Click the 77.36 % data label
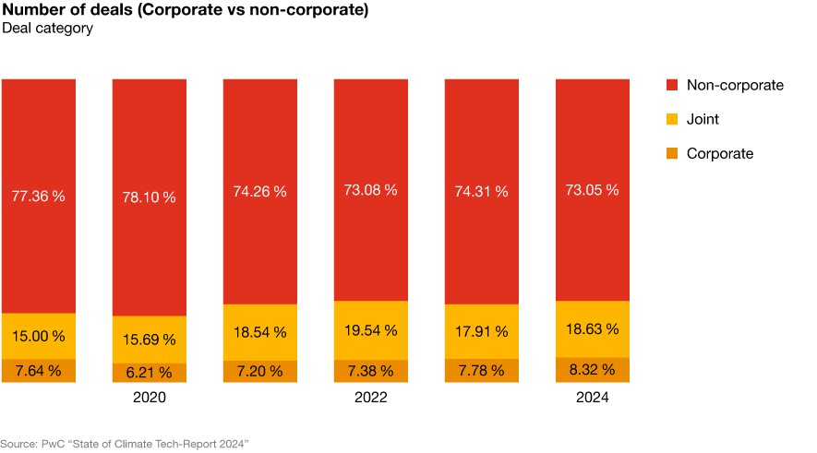[x=38, y=197]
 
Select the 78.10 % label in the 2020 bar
[x=149, y=197]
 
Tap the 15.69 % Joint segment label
[x=149, y=340]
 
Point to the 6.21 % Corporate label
[x=149, y=373]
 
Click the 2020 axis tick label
[x=149, y=398]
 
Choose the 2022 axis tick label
[x=370, y=398]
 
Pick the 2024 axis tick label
[x=592, y=398]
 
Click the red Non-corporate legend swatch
[x=672, y=85]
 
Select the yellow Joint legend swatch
[x=672, y=119]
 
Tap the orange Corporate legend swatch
[x=672, y=153]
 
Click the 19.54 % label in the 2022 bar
[x=370, y=330]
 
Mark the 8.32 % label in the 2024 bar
[x=592, y=370]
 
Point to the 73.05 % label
[x=592, y=190]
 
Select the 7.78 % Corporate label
[x=481, y=371]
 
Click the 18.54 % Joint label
[x=259, y=332]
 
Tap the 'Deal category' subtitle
[x=47, y=29]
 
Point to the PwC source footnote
[x=125, y=444]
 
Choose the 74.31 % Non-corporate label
[x=481, y=191]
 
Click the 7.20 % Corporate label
[x=259, y=371]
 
